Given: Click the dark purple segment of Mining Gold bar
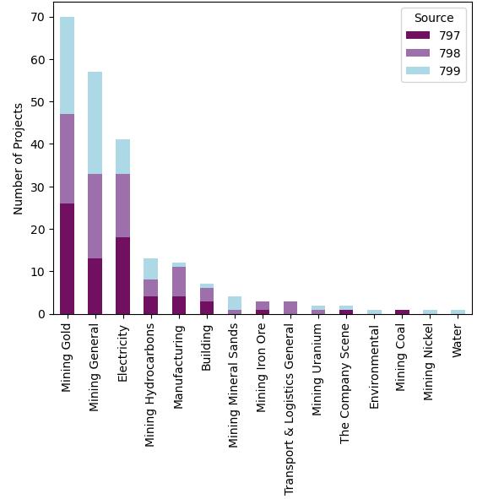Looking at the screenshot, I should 67,258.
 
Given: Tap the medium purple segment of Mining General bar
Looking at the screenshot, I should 95,216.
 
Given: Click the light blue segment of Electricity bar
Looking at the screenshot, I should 122,156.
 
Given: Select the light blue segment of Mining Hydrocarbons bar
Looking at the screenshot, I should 150,268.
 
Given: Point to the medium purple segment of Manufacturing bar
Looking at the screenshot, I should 178,282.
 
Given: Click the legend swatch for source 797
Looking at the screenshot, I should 418,35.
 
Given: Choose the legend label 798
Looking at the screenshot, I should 449,53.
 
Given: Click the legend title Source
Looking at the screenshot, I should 433,18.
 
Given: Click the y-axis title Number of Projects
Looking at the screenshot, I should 19,158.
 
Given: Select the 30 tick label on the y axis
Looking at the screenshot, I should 39,187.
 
